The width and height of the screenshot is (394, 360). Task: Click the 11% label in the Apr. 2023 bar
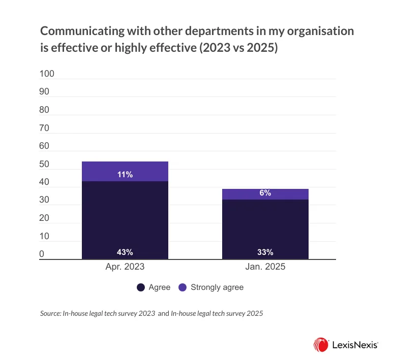(x=125, y=175)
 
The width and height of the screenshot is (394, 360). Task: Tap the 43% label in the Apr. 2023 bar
(x=125, y=252)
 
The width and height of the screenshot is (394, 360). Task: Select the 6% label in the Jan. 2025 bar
(x=265, y=193)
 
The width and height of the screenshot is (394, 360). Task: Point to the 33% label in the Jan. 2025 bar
(x=265, y=252)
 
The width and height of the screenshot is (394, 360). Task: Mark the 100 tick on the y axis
(x=47, y=74)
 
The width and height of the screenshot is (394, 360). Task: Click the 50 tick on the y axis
(x=45, y=165)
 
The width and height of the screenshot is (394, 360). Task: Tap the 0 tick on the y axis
(x=42, y=254)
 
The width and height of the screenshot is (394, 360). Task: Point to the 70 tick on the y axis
(x=45, y=128)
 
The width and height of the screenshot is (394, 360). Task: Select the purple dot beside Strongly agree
(x=183, y=287)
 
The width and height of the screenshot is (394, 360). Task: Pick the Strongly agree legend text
(x=217, y=287)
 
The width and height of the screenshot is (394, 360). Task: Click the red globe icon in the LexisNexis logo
(x=320, y=345)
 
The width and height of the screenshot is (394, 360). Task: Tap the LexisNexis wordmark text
(x=354, y=345)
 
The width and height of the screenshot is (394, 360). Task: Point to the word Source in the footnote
(x=50, y=314)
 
